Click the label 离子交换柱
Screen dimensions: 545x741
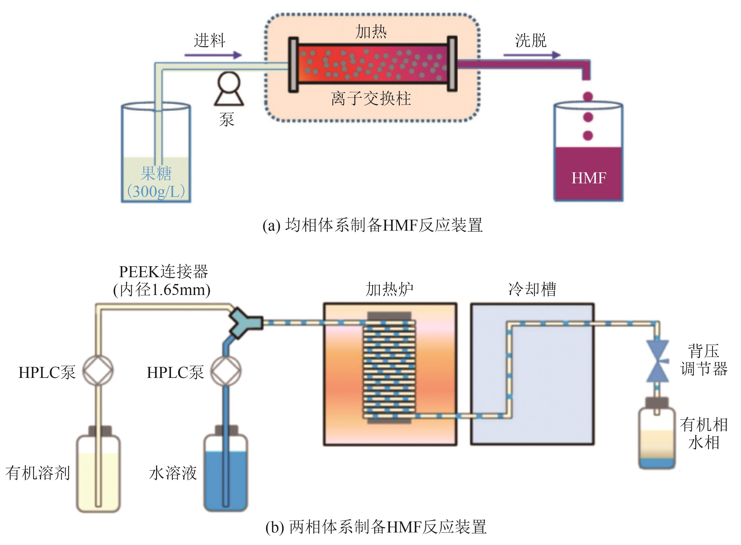pos(371,99)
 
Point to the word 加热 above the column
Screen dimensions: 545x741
pos(371,32)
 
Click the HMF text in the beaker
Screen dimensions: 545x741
pos(589,178)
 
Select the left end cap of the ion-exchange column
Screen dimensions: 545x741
pos(293,65)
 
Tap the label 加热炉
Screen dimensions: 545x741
pos(389,289)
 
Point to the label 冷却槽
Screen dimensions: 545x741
pos(532,289)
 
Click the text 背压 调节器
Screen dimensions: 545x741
pos(703,360)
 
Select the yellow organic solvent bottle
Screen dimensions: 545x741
pos(98,473)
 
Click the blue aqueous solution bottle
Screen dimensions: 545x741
pos(226,473)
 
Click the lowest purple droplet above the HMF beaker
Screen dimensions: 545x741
pos(588,135)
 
